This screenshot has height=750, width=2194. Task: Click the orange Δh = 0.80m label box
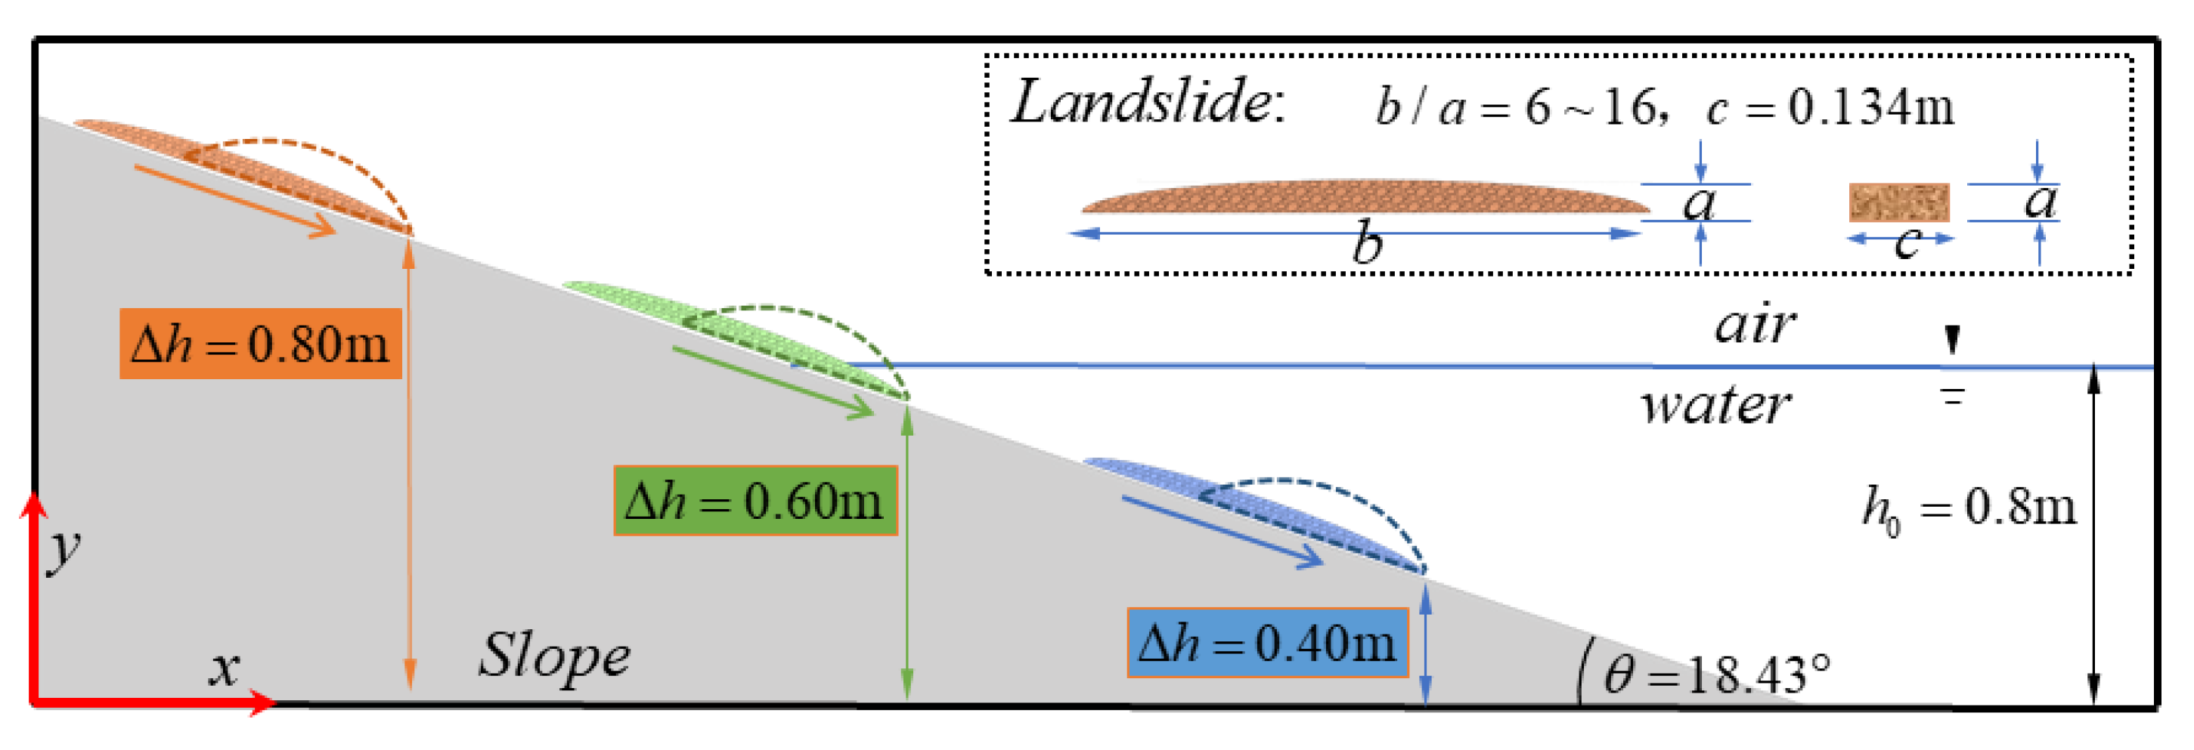[260, 343]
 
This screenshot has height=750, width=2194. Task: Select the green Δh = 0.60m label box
[755, 500]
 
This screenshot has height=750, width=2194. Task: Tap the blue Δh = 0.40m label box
[1266, 643]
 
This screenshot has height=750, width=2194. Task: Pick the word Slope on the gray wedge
[554, 656]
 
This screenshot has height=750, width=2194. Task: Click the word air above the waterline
[1755, 326]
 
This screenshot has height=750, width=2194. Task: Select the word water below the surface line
[1715, 406]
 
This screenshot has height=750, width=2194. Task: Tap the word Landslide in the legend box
[1146, 103]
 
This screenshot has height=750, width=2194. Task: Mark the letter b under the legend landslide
[1368, 243]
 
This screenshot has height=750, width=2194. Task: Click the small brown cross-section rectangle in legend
[1898, 202]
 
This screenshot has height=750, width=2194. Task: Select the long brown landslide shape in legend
[1362, 196]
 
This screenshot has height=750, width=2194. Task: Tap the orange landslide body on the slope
[238, 170]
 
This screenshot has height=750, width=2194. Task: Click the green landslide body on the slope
[733, 332]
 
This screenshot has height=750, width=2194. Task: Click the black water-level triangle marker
[1952, 339]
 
